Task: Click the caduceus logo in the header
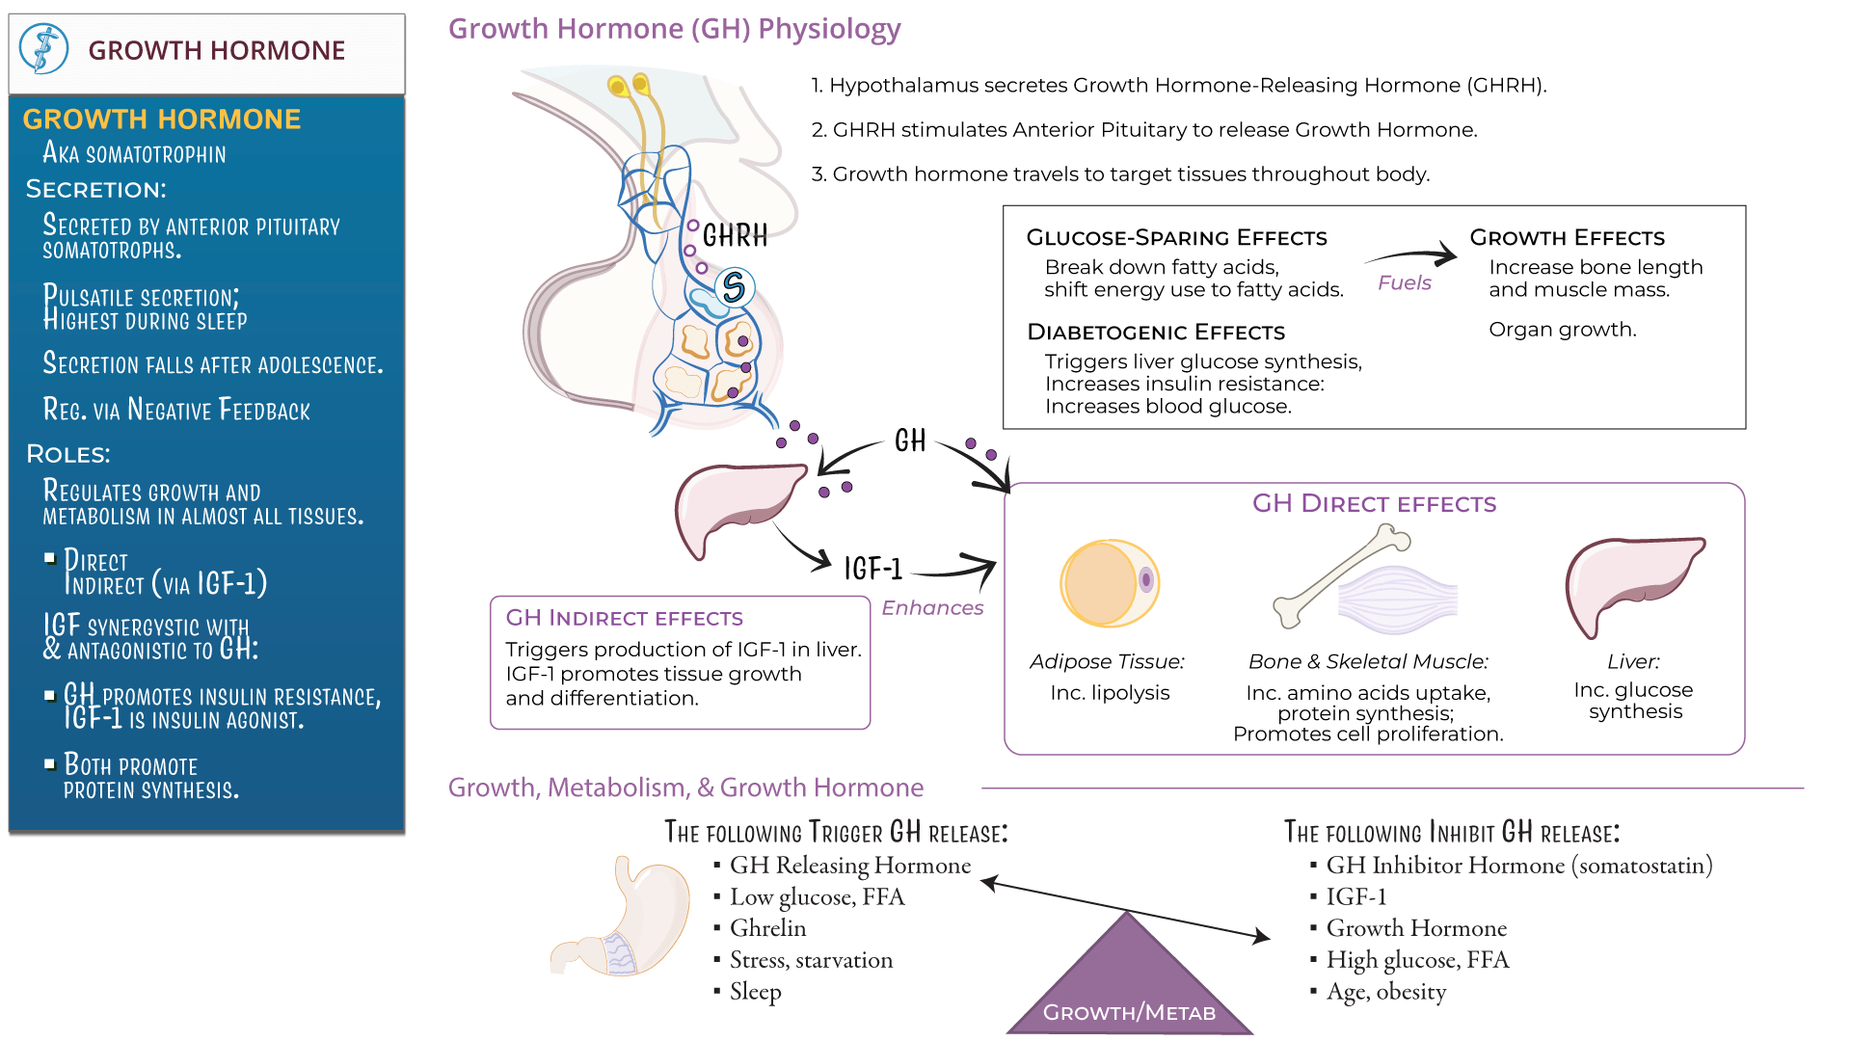point(43,49)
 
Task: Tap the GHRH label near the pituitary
point(735,235)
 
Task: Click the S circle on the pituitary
point(734,287)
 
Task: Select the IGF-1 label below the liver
point(872,569)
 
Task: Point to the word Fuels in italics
point(1404,282)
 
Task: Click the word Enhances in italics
point(931,607)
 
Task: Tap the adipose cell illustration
point(1109,583)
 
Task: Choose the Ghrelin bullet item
point(767,928)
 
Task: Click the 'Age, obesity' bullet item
point(1385,992)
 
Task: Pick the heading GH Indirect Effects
point(624,618)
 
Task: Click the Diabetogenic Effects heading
point(1155,333)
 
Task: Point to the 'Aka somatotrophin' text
point(134,153)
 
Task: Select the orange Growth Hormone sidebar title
point(161,119)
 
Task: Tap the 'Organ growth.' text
point(1562,330)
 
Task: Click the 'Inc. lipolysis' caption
point(1110,693)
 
